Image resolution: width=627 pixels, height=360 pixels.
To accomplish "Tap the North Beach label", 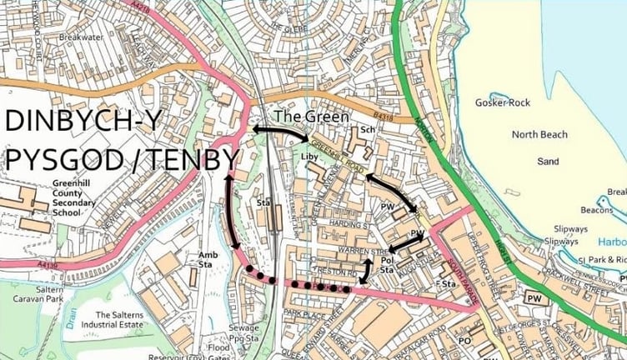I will pos(538,135).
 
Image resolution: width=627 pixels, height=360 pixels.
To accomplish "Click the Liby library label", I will pos(310,155).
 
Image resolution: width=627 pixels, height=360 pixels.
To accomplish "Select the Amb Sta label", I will pos(208,260).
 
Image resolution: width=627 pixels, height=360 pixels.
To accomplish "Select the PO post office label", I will pos(465,340).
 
